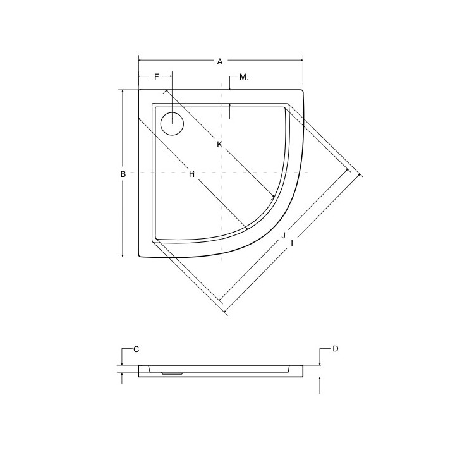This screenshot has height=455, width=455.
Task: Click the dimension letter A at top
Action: [220, 62]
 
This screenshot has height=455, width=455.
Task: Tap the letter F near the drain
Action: [157, 77]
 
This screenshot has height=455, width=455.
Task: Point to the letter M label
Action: [243, 78]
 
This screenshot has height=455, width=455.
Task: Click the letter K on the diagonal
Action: [219, 145]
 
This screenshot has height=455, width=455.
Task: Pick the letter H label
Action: [191, 174]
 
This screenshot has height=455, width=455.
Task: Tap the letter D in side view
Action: [336, 349]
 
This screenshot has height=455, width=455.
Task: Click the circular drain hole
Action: [171, 123]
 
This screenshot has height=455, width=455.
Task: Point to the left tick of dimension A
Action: [139, 61]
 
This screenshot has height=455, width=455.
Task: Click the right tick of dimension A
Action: [304, 61]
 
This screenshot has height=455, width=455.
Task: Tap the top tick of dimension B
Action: [121, 89]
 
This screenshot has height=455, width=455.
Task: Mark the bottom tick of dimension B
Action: [121, 257]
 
